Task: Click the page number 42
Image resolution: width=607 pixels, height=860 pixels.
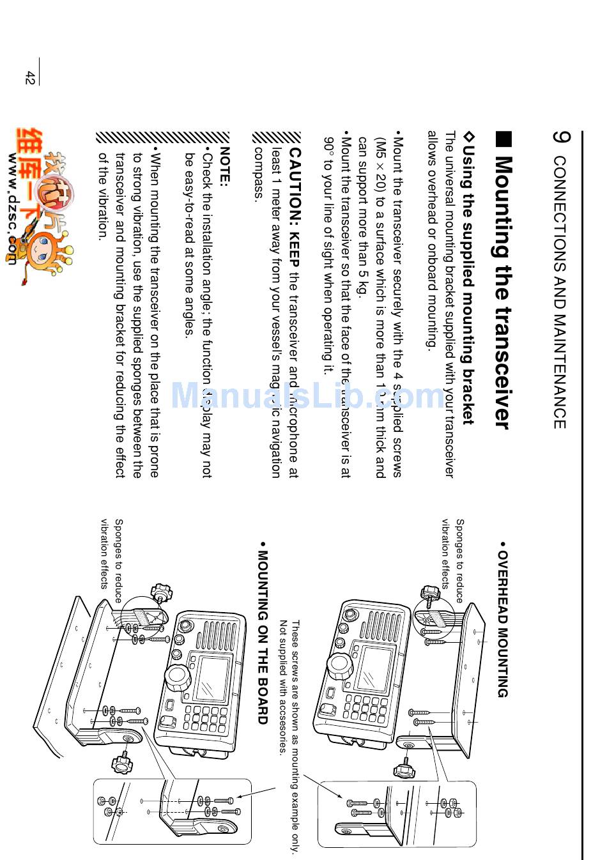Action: click(29, 77)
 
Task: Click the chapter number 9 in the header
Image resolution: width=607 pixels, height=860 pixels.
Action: click(560, 138)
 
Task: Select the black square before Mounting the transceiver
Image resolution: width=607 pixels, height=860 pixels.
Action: click(503, 140)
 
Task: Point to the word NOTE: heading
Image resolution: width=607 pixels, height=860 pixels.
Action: click(223, 167)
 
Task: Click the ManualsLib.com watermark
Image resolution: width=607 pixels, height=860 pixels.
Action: click(307, 396)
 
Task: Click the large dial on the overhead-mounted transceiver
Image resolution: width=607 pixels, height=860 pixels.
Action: click(340, 665)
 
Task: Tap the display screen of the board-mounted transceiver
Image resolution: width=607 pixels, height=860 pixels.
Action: click(211, 678)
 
